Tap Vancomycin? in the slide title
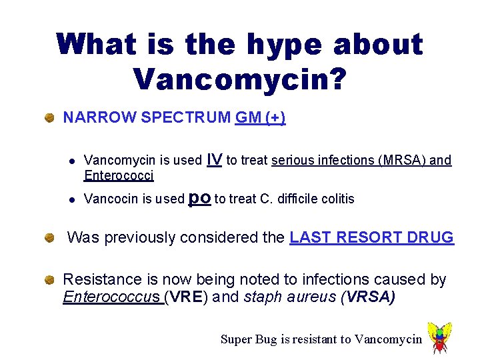click(239, 78)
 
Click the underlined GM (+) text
click(260, 118)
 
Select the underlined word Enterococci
click(119, 176)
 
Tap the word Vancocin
click(111, 199)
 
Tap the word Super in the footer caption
click(235, 339)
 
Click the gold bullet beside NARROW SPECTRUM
click(49, 119)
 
